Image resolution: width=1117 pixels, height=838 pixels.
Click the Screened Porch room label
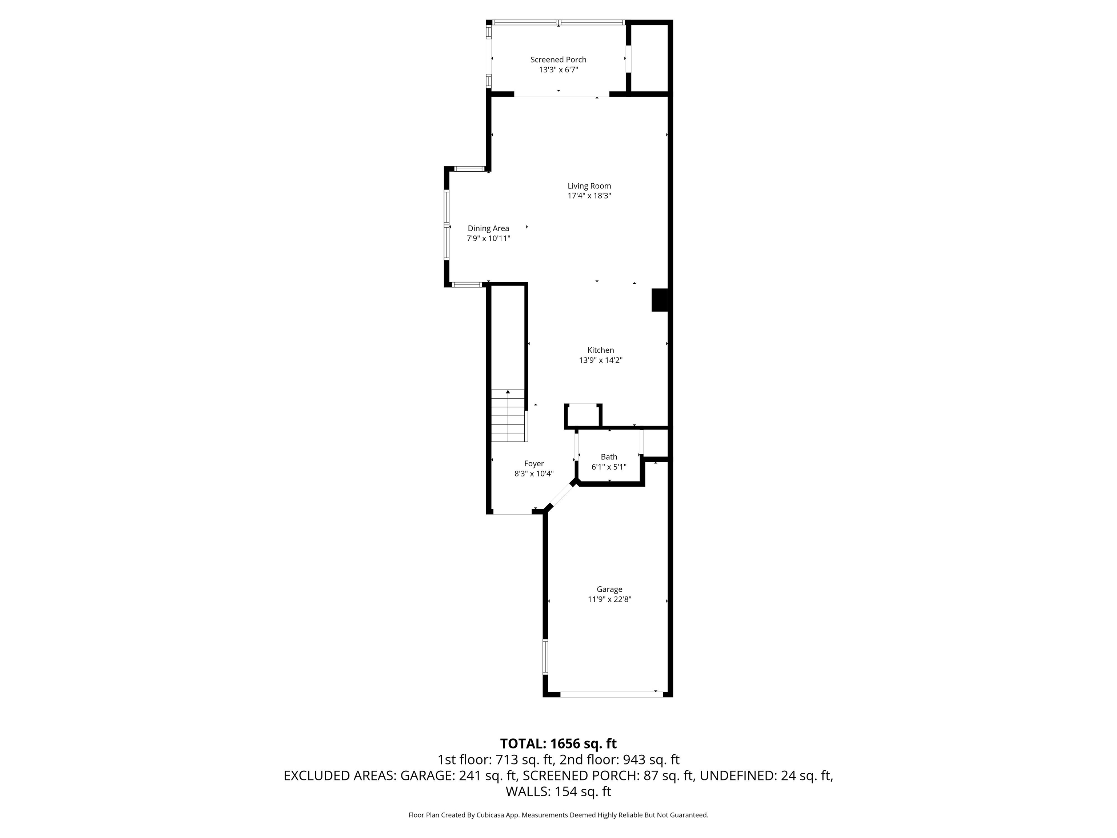(558, 60)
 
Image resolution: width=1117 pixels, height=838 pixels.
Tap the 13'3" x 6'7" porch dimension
(558, 70)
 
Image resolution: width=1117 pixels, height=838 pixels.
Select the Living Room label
(589, 186)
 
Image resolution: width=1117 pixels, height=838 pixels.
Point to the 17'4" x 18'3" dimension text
(589, 196)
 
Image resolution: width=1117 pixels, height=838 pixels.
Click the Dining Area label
(488, 228)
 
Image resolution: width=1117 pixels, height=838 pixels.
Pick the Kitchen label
(600, 350)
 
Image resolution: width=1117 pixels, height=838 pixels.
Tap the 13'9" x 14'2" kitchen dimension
(600, 360)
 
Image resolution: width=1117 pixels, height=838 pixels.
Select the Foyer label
(534, 463)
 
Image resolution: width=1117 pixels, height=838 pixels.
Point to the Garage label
(609, 589)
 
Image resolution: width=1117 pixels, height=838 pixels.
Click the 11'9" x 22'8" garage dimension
(609, 599)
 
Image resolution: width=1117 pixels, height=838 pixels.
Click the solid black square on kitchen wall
(660, 300)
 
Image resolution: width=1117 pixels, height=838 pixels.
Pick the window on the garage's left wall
(545, 656)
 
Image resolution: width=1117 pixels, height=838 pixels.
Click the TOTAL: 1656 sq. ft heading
(558, 743)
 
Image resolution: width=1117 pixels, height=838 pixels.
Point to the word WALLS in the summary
(528, 791)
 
